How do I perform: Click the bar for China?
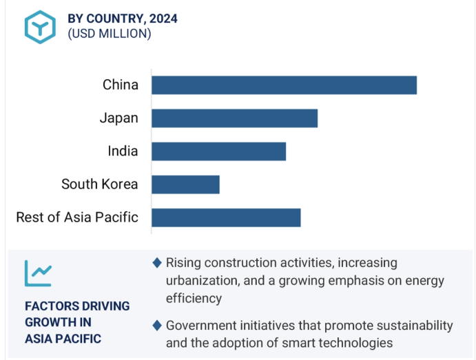point(284,85)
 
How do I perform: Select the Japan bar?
point(234,118)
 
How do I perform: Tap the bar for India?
point(218,151)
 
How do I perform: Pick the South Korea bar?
point(185,184)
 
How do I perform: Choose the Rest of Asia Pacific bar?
point(226,218)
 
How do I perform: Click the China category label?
point(121,85)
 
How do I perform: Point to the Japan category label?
point(118,118)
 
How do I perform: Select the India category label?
point(123,151)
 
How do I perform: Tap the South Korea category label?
point(100,184)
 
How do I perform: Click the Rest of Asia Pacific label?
point(77,218)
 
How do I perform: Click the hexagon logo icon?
point(40,26)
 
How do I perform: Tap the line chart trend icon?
point(39,273)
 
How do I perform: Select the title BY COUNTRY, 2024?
point(123,19)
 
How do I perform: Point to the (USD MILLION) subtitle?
point(110,33)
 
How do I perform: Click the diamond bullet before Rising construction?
point(157,262)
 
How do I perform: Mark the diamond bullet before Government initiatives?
point(157,325)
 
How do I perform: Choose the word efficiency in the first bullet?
point(194,298)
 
